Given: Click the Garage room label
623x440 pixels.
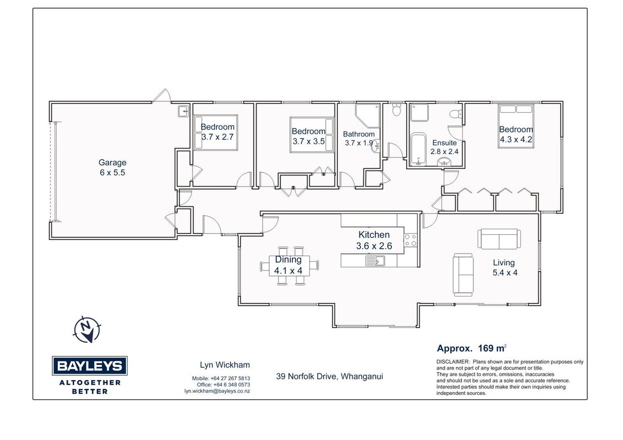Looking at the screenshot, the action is [112, 167].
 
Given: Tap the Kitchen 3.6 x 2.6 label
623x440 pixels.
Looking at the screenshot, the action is [374, 240].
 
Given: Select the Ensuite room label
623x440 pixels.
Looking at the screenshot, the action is [444, 147].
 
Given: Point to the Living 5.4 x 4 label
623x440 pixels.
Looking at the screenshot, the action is [505, 267].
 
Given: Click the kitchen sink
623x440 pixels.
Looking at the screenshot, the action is [375, 261].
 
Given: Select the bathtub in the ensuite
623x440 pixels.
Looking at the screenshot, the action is [418, 149].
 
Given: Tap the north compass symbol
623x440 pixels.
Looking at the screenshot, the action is [86, 329].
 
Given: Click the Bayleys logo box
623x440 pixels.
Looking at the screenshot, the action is [90, 366].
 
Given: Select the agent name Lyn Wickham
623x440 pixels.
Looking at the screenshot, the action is [225, 365].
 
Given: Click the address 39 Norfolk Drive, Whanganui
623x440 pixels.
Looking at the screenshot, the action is [329, 376].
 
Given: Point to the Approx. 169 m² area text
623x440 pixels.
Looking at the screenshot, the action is [472, 348].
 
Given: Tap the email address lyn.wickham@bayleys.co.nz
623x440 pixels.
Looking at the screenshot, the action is [217, 391].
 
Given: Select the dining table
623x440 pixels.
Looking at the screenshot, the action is [289, 265].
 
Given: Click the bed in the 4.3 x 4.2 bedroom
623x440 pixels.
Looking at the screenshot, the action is [516, 126].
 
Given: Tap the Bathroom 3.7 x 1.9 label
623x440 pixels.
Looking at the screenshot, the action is [359, 139].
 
